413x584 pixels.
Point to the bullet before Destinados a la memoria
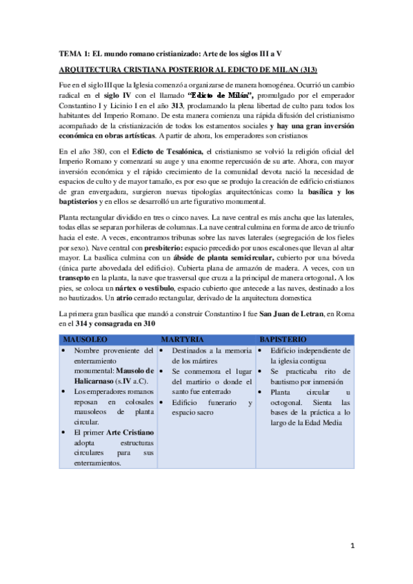point(161,351)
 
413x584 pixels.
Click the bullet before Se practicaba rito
point(260,371)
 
